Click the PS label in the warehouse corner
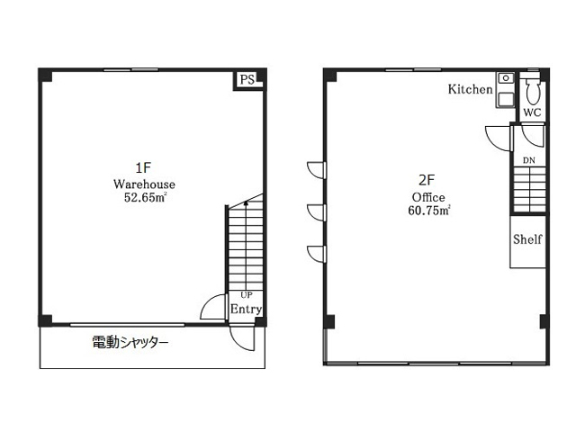click(x=247, y=80)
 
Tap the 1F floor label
click(x=143, y=168)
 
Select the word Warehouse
click(x=144, y=184)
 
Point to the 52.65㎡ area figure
click(x=145, y=198)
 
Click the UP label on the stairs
click(x=247, y=295)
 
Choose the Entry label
click(x=246, y=310)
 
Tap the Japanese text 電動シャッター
click(x=130, y=343)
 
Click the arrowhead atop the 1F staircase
click(x=246, y=202)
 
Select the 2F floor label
click(x=427, y=180)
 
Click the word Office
click(x=428, y=197)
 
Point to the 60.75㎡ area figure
click(x=429, y=211)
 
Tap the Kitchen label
click(x=470, y=89)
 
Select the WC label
click(x=532, y=112)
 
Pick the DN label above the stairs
click(x=529, y=160)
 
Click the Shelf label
click(x=527, y=239)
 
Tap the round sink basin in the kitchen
click(x=506, y=78)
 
